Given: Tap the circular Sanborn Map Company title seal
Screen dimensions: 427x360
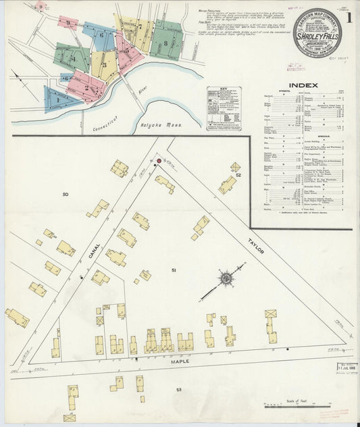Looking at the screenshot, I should [317, 32].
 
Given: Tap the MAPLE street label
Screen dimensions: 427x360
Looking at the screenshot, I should [180, 361].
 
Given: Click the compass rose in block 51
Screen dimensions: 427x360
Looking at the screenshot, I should [226, 278].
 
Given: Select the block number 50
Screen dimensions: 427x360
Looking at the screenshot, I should [65, 195].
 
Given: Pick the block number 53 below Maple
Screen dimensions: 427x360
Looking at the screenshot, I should [178, 390].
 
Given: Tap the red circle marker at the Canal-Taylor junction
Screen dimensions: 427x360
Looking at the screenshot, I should [159, 161].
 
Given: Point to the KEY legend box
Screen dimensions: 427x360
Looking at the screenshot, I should [224, 107].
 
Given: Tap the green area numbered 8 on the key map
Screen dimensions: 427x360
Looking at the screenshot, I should [166, 41].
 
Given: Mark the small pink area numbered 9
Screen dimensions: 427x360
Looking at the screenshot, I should [66, 22].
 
